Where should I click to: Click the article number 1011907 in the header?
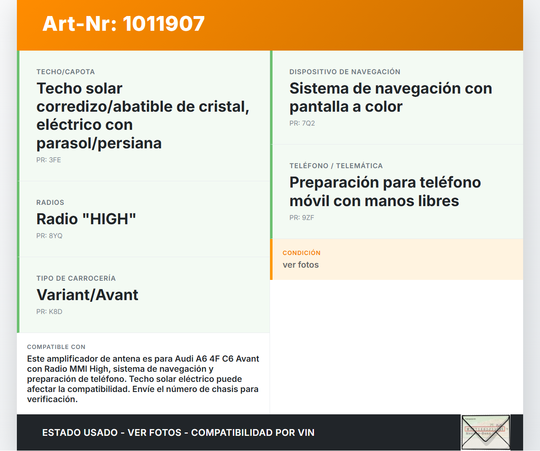point(163,24)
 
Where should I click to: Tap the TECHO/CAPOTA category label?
point(65,72)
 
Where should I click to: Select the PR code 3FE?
point(49,160)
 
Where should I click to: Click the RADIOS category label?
point(50,202)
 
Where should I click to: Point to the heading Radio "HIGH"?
point(86,219)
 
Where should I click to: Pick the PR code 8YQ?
point(49,236)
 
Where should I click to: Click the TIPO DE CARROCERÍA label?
point(76,278)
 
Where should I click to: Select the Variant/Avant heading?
point(87,295)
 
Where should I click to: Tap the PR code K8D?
point(49,311)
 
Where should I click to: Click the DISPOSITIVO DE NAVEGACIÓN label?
point(345,72)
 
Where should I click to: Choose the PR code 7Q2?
point(302,123)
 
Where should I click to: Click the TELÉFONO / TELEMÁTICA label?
point(336,166)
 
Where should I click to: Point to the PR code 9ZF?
point(302,217)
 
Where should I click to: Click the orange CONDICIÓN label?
point(301,253)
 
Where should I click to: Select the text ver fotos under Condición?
point(300,265)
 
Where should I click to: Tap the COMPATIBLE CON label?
point(56,347)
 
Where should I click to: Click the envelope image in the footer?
point(486,432)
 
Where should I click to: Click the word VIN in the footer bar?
point(306,432)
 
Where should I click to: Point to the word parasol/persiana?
point(99,143)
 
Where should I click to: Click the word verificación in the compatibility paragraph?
point(52,399)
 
